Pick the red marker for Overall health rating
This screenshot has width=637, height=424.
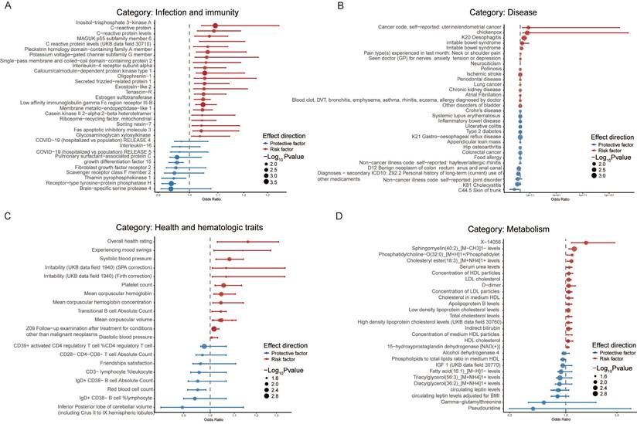click(248, 242)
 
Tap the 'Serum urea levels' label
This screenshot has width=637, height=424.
click(536, 265)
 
